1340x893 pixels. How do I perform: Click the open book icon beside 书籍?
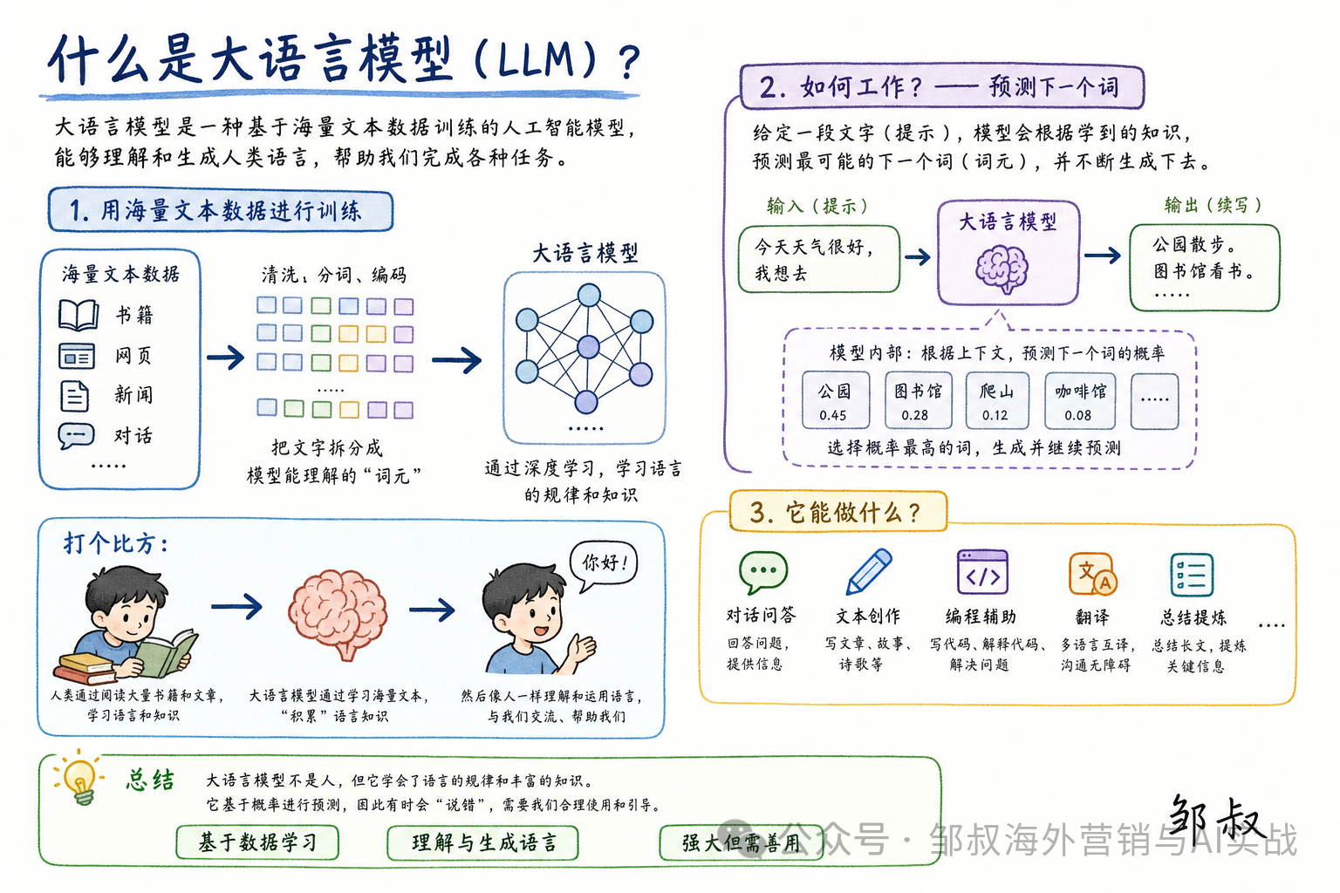(x=79, y=315)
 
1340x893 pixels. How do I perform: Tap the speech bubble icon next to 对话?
(x=76, y=436)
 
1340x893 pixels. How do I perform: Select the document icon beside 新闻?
(x=75, y=395)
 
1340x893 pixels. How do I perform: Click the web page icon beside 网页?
(x=77, y=356)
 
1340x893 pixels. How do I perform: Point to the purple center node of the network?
(x=588, y=347)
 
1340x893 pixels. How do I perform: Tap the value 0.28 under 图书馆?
(x=914, y=415)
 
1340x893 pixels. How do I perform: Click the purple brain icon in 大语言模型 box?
(x=1002, y=269)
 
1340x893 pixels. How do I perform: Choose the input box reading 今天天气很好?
(x=819, y=259)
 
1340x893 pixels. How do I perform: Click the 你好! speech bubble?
(x=603, y=564)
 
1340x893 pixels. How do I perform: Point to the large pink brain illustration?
(x=338, y=613)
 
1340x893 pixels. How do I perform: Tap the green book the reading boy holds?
(x=168, y=654)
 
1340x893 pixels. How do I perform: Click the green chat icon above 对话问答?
(x=762, y=572)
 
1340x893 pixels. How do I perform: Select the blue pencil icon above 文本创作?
(x=869, y=571)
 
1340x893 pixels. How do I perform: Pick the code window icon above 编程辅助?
(x=982, y=572)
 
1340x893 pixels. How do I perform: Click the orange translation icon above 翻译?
(x=1092, y=574)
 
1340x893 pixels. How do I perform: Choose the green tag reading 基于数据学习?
(x=258, y=842)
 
